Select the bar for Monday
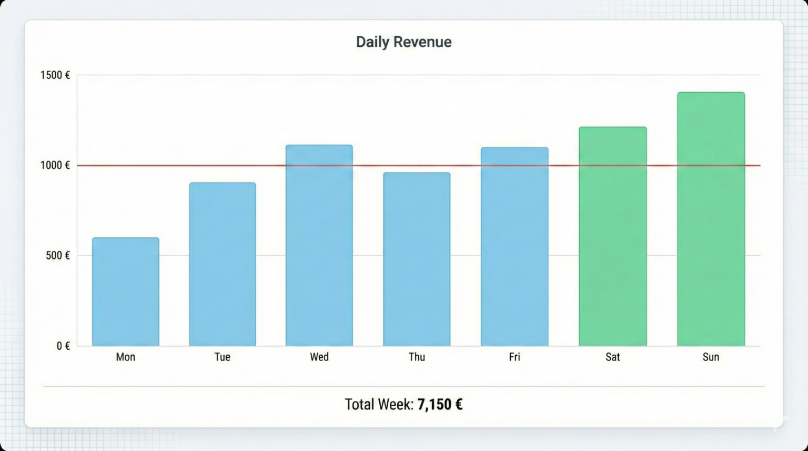point(126,292)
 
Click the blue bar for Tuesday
point(223,264)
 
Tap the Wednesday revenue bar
point(319,245)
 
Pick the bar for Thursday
point(417,259)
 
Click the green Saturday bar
point(613,236)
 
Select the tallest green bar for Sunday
point(711,219)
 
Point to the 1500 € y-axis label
point(55,75)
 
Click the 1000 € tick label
point(55,165)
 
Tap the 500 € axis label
point(57,256)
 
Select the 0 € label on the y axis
point(63,346)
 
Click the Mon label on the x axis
point(126,357)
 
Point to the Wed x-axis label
point(319,357)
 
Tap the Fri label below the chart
point(514,357)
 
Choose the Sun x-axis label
point(711,357)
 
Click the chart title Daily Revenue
point(403,42)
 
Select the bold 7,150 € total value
point(440,404)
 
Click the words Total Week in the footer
point(379,404)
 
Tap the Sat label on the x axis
point(613,357)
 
